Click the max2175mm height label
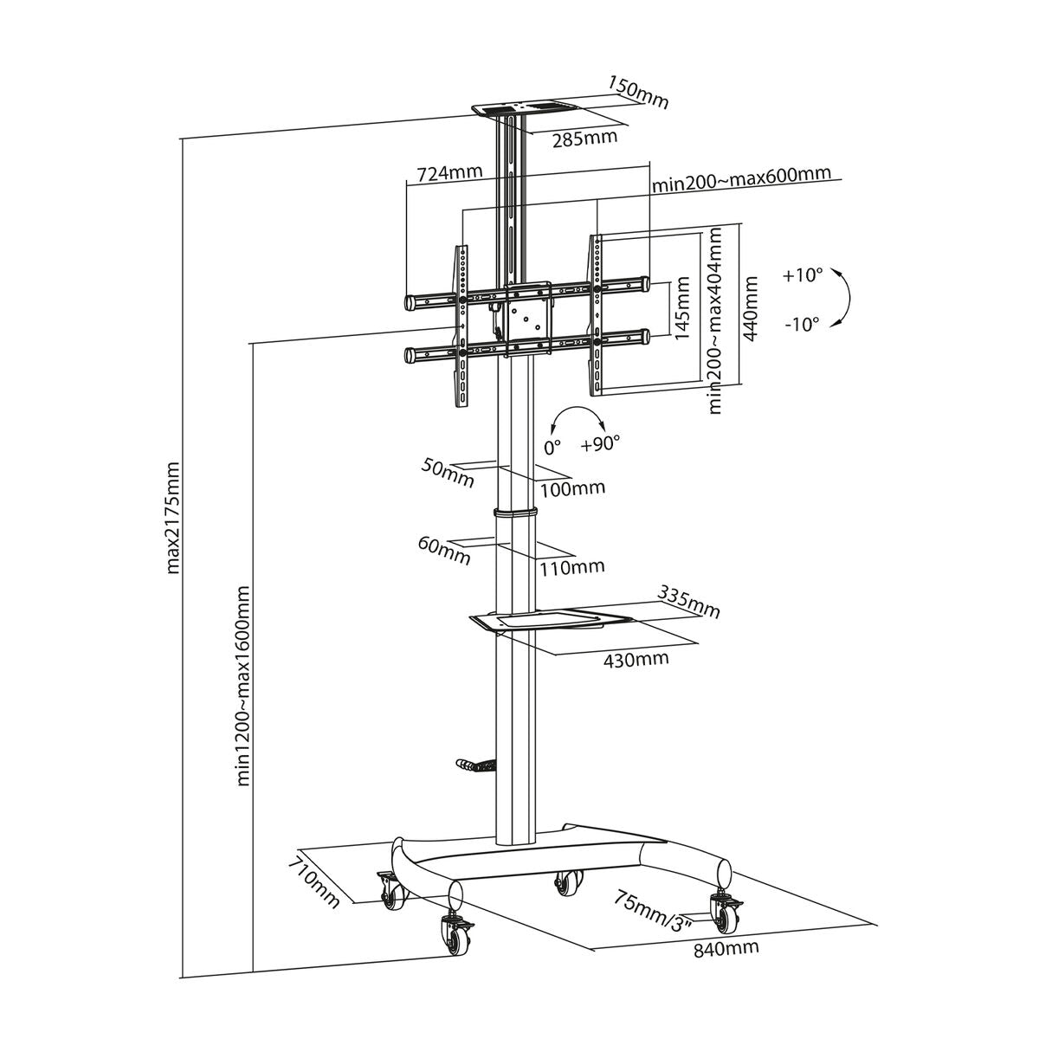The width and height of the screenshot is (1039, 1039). click(173, 518)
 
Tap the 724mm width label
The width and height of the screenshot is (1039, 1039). click(449, 172)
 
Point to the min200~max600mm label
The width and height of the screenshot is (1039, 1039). click(740, 179)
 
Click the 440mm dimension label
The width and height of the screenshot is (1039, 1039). click(750, 307)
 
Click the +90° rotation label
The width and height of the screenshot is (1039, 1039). click(601, 444)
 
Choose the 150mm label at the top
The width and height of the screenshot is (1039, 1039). click(638, 94)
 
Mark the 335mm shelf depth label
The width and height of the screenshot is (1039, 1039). click(688, 603)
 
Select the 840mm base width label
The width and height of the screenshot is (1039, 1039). click(726, 947)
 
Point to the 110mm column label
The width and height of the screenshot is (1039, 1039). click(571, 567)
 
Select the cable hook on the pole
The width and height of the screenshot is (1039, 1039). click(474, 765)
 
